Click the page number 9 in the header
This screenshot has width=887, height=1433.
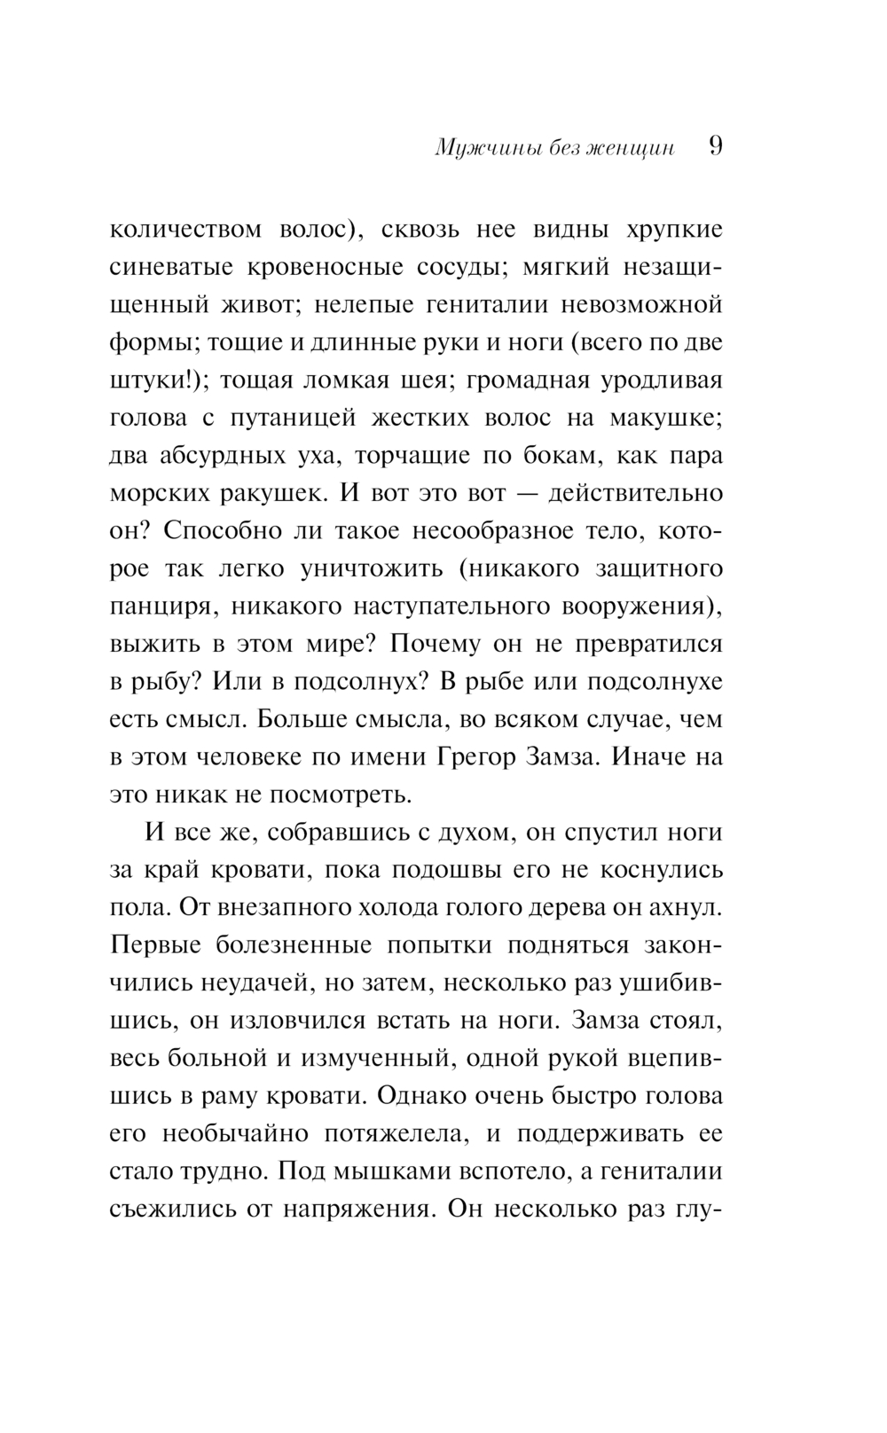716,146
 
